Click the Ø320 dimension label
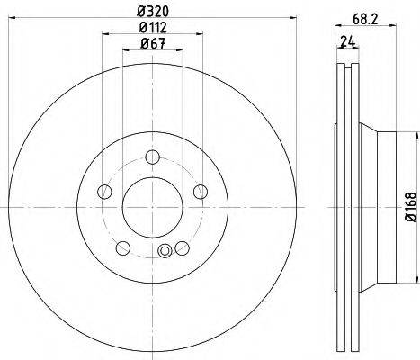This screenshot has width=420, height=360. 153,11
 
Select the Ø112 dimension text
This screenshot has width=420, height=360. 153,28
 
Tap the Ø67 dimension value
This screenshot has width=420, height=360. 153,44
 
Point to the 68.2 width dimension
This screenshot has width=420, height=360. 365,19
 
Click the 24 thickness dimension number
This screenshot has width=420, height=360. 348,41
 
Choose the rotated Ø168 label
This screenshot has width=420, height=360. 411,207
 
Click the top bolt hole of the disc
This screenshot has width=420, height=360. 153,157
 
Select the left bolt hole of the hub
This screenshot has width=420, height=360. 104,192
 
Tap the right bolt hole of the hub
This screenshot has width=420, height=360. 201,192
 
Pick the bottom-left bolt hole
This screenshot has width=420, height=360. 123,248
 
